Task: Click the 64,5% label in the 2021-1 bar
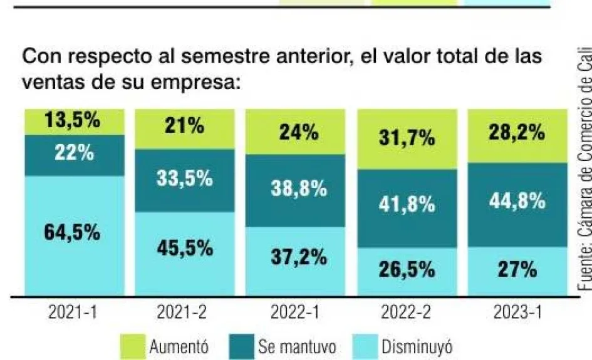pyautogui.click(x=72, y=233)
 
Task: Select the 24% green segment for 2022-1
pyautogui.click(x=299, y=133)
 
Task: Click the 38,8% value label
pyautogui.click(x=299, y=189)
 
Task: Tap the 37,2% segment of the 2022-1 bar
pyautogui.click(x=299, y=256)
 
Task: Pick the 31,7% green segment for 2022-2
pyautogui.click(x=407, y=139)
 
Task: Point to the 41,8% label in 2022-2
pyautogui.click(x=407, y=205)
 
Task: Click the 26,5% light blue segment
pyautogui.click(x=407, y=270)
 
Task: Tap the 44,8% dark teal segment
pyautogui.click(x=516, y=202)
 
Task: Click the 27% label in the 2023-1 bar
pyautogui.click(x=516, y=270)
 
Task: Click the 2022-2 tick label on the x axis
pyautogui.click(x=407, y=313)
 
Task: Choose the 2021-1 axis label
pyautogui.click(x=72, y=313)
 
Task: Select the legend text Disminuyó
pyautogui.click(x=417, y=346)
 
